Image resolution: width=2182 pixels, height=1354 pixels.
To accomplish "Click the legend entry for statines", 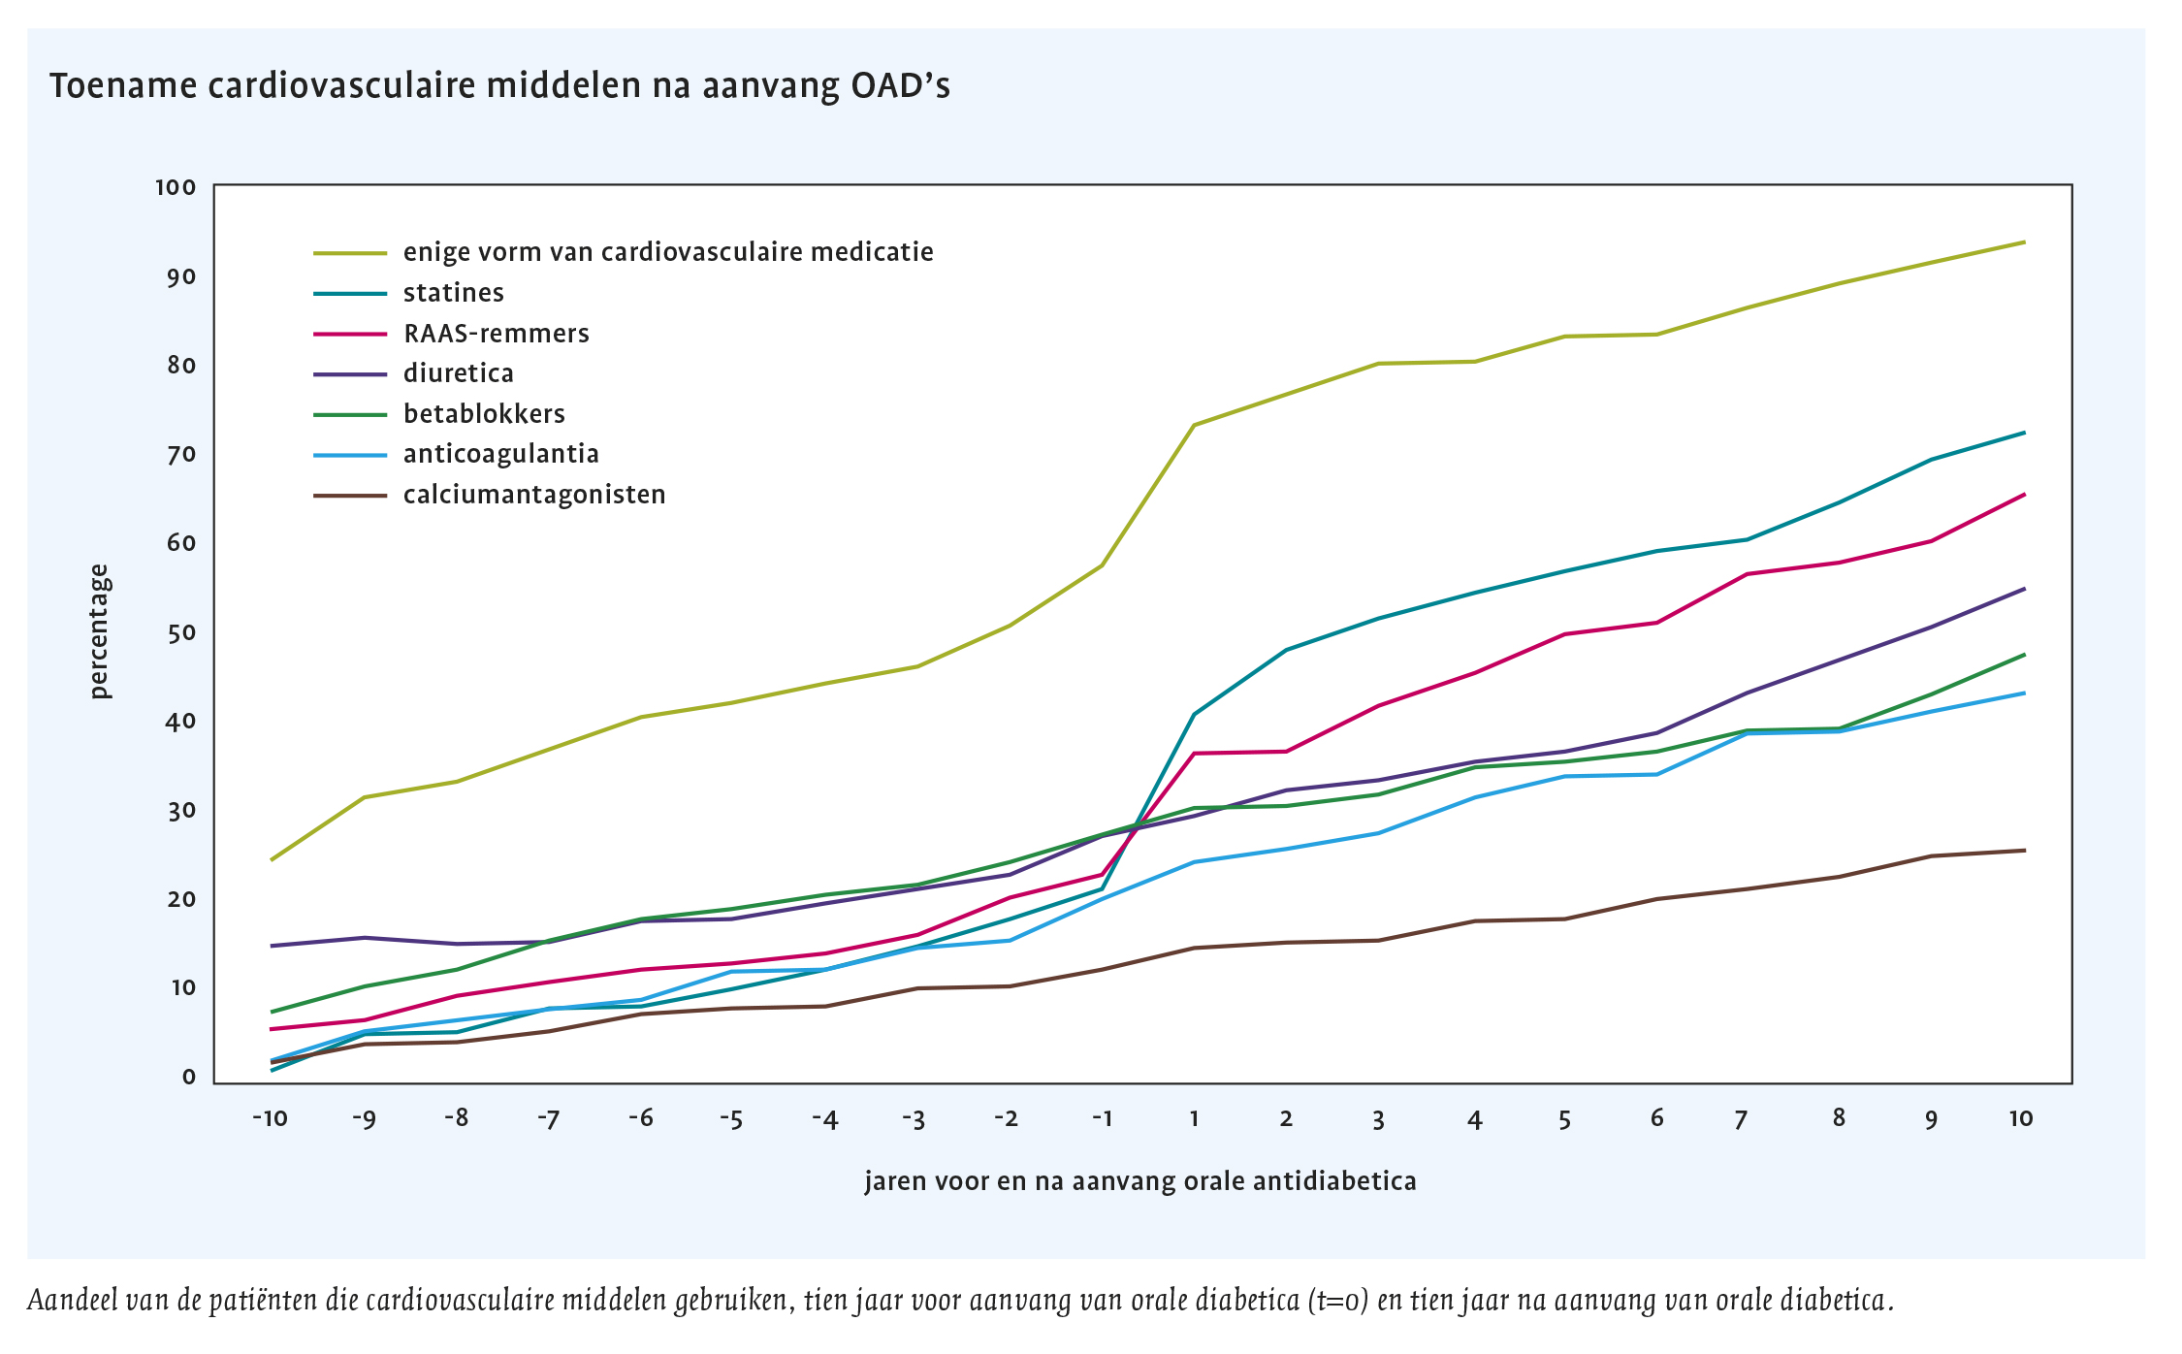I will (453, 293).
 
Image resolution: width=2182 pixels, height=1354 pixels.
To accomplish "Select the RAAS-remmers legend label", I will (496, 334).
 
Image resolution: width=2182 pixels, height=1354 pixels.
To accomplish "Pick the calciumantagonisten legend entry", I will (534, 495).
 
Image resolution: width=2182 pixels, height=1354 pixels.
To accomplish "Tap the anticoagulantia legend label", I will (500, 454).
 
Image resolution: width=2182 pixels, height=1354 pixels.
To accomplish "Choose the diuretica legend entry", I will (458, 373).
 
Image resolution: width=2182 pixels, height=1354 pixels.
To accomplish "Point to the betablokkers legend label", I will (484, 414).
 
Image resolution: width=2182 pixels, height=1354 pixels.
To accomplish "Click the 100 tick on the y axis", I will (176, 187).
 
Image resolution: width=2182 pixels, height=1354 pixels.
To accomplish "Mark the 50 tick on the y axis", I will (181, 632).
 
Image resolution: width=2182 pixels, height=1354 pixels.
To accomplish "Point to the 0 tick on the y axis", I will (189, 1077).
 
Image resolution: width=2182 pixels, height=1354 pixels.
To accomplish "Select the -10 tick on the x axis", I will (271, 1118).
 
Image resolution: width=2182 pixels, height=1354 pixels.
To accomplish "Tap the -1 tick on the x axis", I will (1102, 1118).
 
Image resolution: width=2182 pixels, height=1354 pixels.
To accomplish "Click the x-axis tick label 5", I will (1564, 1119).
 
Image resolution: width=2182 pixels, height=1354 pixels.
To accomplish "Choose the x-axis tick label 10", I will (2021, 1118).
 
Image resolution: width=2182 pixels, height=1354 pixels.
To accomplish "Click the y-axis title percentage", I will (100, 631).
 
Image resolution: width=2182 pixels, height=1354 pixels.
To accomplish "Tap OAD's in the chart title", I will (900, 86).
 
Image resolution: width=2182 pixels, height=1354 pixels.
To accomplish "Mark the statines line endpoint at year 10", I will (2024, 433).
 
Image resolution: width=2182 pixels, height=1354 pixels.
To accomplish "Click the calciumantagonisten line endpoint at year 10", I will (2024, 851).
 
